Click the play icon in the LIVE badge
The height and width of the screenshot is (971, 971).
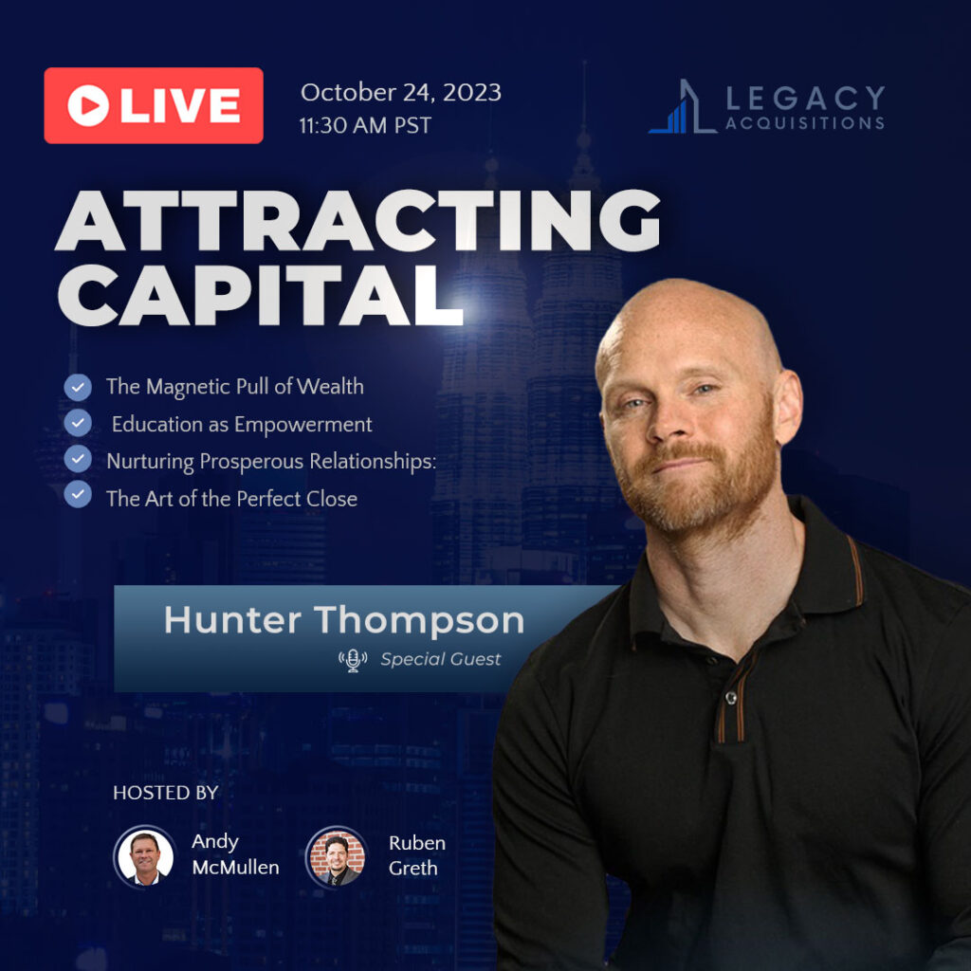(88, 105)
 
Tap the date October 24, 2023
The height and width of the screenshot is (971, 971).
(401, 93)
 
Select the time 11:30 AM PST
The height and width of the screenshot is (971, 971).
(365, 126)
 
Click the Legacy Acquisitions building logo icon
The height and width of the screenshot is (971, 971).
(682, 106)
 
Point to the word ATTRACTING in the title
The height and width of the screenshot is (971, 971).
(357, 220)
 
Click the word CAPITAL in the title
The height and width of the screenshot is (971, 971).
(261, 295)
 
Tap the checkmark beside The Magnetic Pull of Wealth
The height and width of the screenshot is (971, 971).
(78, 387)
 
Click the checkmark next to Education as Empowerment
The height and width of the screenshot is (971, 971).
(78, 423)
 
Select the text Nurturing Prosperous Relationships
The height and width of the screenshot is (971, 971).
(271, 462)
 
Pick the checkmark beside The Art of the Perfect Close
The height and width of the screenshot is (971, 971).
(78, 494)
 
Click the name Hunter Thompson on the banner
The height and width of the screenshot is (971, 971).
(344, 620)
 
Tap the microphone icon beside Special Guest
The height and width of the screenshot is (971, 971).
(353, 660)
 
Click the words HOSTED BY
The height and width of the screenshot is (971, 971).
(165, 793)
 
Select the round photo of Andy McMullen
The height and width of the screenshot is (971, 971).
(145, 856)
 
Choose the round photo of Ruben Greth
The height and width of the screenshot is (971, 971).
(337, 857)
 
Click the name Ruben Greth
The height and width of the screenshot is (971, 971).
(417, 855)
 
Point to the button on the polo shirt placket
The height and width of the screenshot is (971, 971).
(731, 698)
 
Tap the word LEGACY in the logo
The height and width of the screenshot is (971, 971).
(805, 99)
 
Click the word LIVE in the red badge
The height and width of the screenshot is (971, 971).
(180, 105)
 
